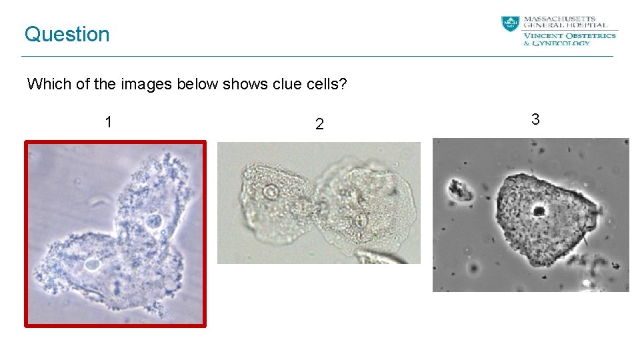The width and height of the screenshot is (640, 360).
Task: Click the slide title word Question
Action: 67,34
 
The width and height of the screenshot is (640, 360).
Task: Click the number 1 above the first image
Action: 108,122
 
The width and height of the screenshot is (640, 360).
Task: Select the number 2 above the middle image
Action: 319,124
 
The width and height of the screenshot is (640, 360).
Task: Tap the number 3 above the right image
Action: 535,119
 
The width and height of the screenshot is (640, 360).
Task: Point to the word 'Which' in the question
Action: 45,85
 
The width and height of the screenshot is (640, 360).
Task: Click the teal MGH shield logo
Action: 510,23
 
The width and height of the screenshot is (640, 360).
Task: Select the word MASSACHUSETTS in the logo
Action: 560,19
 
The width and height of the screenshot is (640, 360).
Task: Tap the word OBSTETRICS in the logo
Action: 591,35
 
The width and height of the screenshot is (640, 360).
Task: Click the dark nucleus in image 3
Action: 538,211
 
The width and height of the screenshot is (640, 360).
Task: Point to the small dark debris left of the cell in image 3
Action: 460,189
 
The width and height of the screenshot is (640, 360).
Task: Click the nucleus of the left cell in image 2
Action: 271,193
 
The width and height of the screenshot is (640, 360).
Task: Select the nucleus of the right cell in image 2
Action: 361,219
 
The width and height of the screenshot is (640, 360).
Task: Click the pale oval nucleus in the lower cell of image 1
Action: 92,265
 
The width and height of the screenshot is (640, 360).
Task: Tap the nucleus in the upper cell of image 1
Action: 153,220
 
